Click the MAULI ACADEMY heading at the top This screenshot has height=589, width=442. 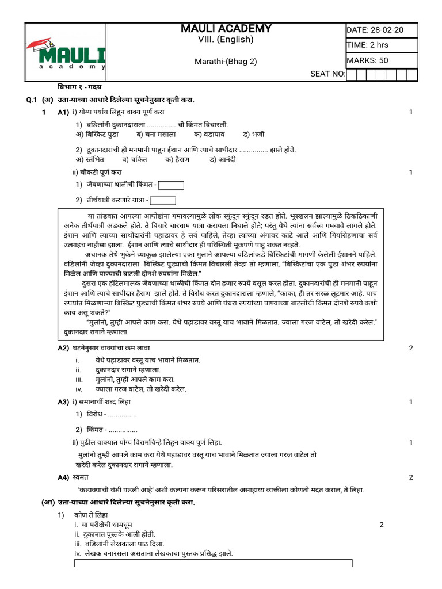(x=226, y=29)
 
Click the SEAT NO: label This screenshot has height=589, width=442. (x=327, y=74)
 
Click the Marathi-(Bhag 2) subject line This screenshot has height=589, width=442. (x=225, y=62)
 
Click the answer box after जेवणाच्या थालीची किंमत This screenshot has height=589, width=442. (x=171, y=185)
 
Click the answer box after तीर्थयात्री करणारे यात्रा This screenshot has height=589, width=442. (x=162, y=200)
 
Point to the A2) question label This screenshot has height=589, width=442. (x=63, y=348)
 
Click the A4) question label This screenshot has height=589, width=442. (x=63, y=477)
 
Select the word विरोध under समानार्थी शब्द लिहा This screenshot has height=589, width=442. (x=94, y=415)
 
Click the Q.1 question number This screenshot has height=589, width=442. (x=32, y=100)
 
